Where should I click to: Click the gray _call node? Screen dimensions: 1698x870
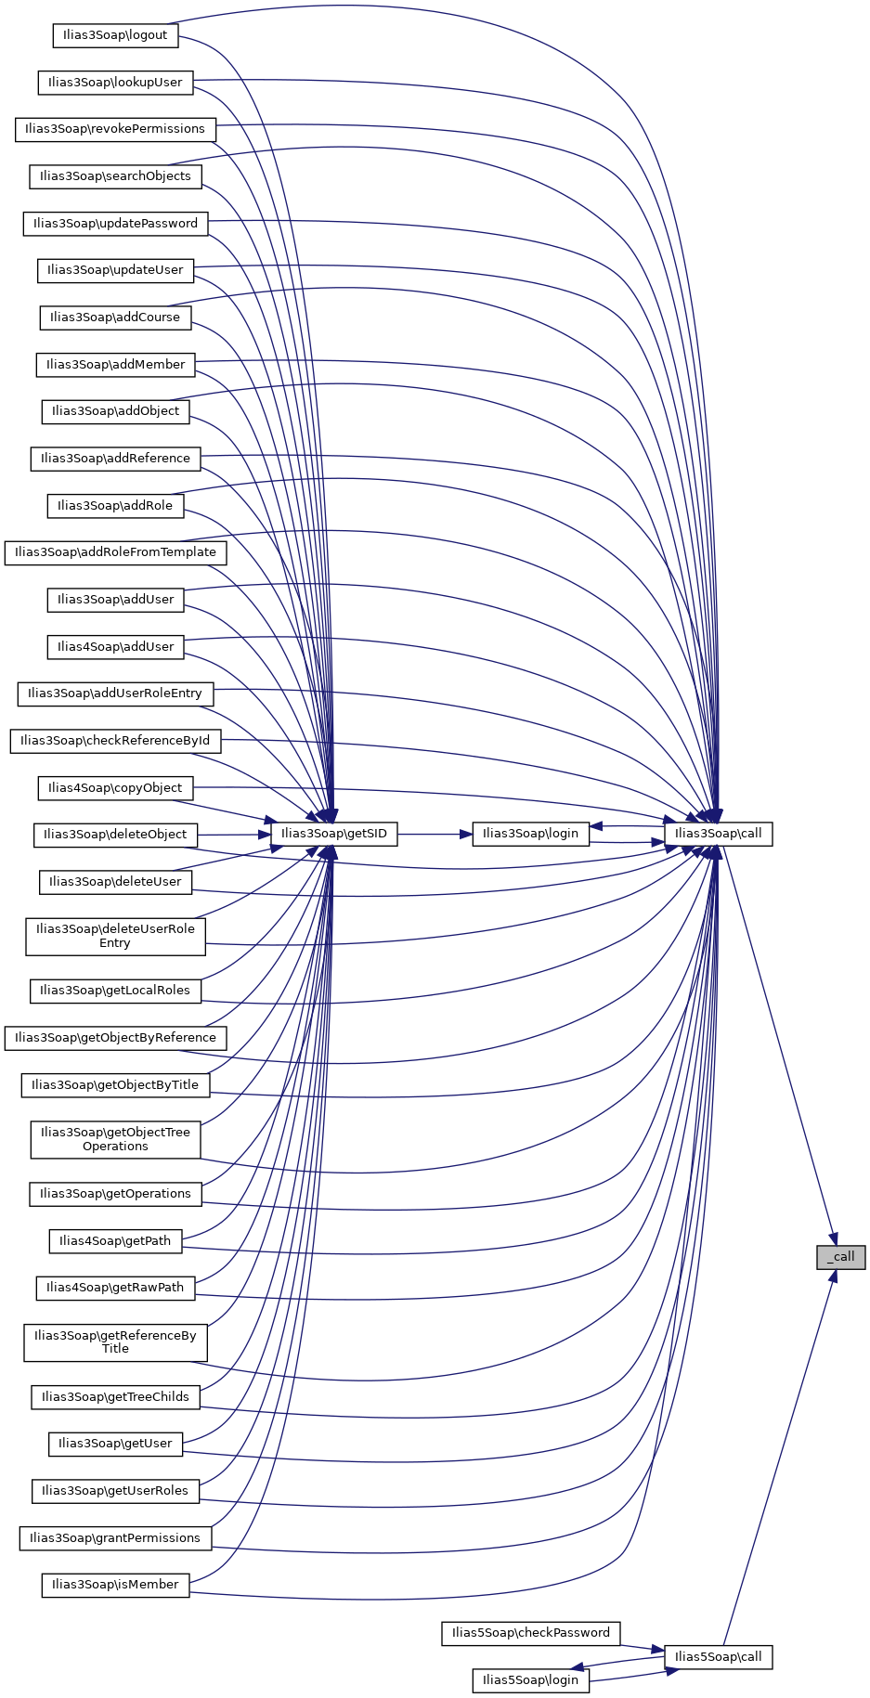(840, 1257)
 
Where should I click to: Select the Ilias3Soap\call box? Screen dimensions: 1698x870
(718, 834)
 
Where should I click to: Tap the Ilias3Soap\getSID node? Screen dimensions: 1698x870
(333, 834)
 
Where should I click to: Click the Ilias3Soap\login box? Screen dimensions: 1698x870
(530, 834)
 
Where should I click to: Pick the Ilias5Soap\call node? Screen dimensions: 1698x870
(718, 1657)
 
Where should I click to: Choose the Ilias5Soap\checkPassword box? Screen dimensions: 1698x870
(530, 1633)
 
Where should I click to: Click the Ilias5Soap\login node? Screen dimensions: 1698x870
(530, 1680)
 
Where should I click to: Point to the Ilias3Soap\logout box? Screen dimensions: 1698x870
(115, 35)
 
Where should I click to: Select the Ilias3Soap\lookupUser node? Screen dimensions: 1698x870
(115, 83)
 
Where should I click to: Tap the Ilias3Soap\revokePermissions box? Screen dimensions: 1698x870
(115, 129)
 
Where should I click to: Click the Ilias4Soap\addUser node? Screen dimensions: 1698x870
(115, 647)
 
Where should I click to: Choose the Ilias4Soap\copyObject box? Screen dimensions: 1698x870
(115, 788)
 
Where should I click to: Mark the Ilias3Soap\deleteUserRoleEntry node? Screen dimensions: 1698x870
(115, 936)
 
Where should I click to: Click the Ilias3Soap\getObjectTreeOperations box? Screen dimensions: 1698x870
(115, 1139)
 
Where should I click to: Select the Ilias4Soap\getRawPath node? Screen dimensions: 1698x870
(115, 1288)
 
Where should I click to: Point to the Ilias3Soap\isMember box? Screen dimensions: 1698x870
(115, 1585)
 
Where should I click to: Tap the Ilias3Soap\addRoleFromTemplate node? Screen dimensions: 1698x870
(115, 552)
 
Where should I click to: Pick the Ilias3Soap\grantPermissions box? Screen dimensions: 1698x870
(115, 1538)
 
